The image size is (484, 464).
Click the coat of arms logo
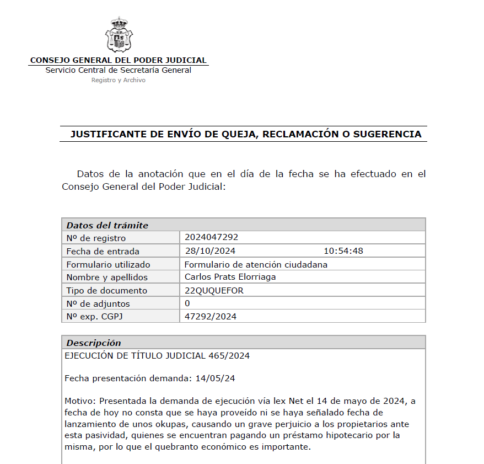point(119,34)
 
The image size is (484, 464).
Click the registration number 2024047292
point(211,237)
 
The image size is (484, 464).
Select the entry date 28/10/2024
point(206,251)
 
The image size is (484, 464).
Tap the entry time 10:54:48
point(343,251)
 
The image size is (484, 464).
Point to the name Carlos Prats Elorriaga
point(230,277)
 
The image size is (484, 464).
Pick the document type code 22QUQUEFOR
point(214,290)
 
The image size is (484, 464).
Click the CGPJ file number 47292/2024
point(211,316)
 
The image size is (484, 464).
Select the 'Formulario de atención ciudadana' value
point(256,264)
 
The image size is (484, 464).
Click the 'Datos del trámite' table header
point(107,225)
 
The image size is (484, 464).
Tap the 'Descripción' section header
point(94,343)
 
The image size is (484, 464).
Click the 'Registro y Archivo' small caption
point(118,80)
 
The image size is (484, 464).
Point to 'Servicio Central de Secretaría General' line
point(118,70)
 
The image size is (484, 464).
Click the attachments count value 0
point(187,303)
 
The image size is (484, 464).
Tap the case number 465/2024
point(229,356)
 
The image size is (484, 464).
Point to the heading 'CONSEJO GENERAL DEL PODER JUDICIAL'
point(118,60)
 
